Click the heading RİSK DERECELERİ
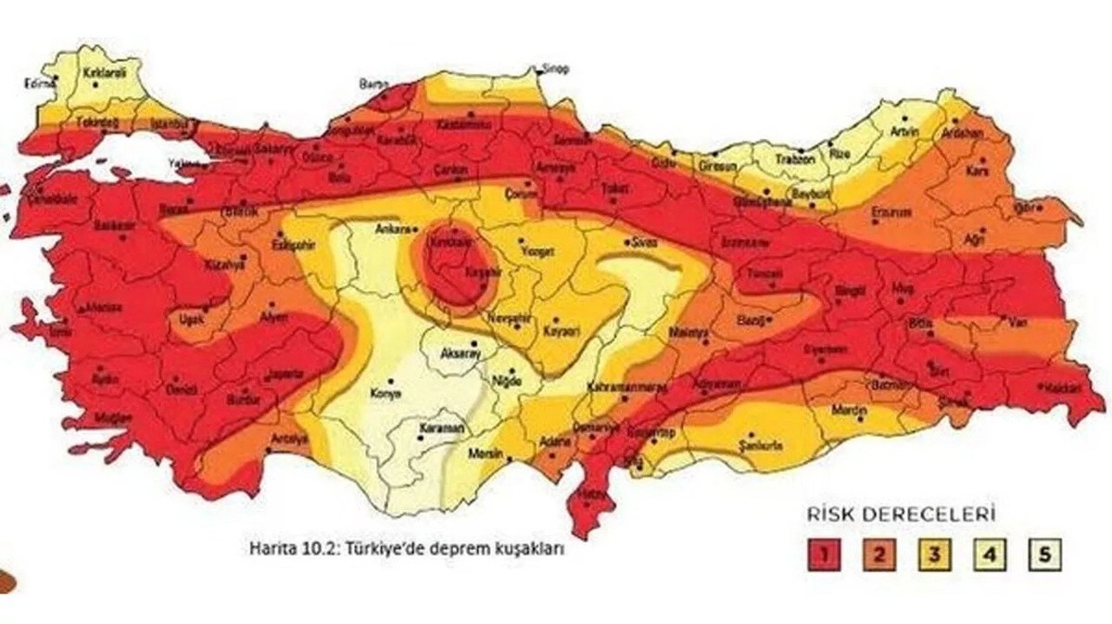coord(887,512)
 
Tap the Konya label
coord(385,393)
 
